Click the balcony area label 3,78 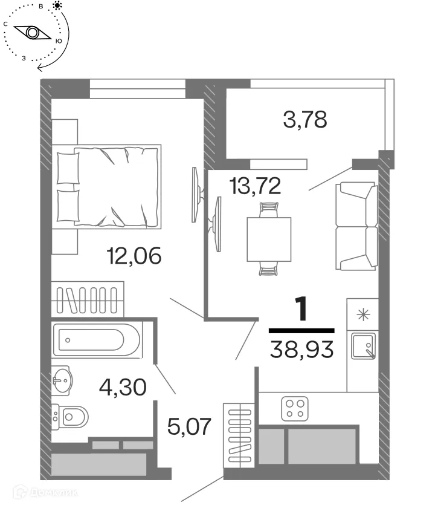pos(304,119)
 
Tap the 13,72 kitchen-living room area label pos(255,186)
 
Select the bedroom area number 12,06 pos(134,257)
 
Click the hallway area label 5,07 pos(189,427)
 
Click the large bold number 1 pos(301,310)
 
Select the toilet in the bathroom pos(71,416)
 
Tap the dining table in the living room pos(269,239)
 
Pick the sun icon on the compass pos(57,6)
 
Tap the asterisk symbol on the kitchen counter pos(362,313)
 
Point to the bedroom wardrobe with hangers pos(88,298)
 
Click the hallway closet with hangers pos(239,434)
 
